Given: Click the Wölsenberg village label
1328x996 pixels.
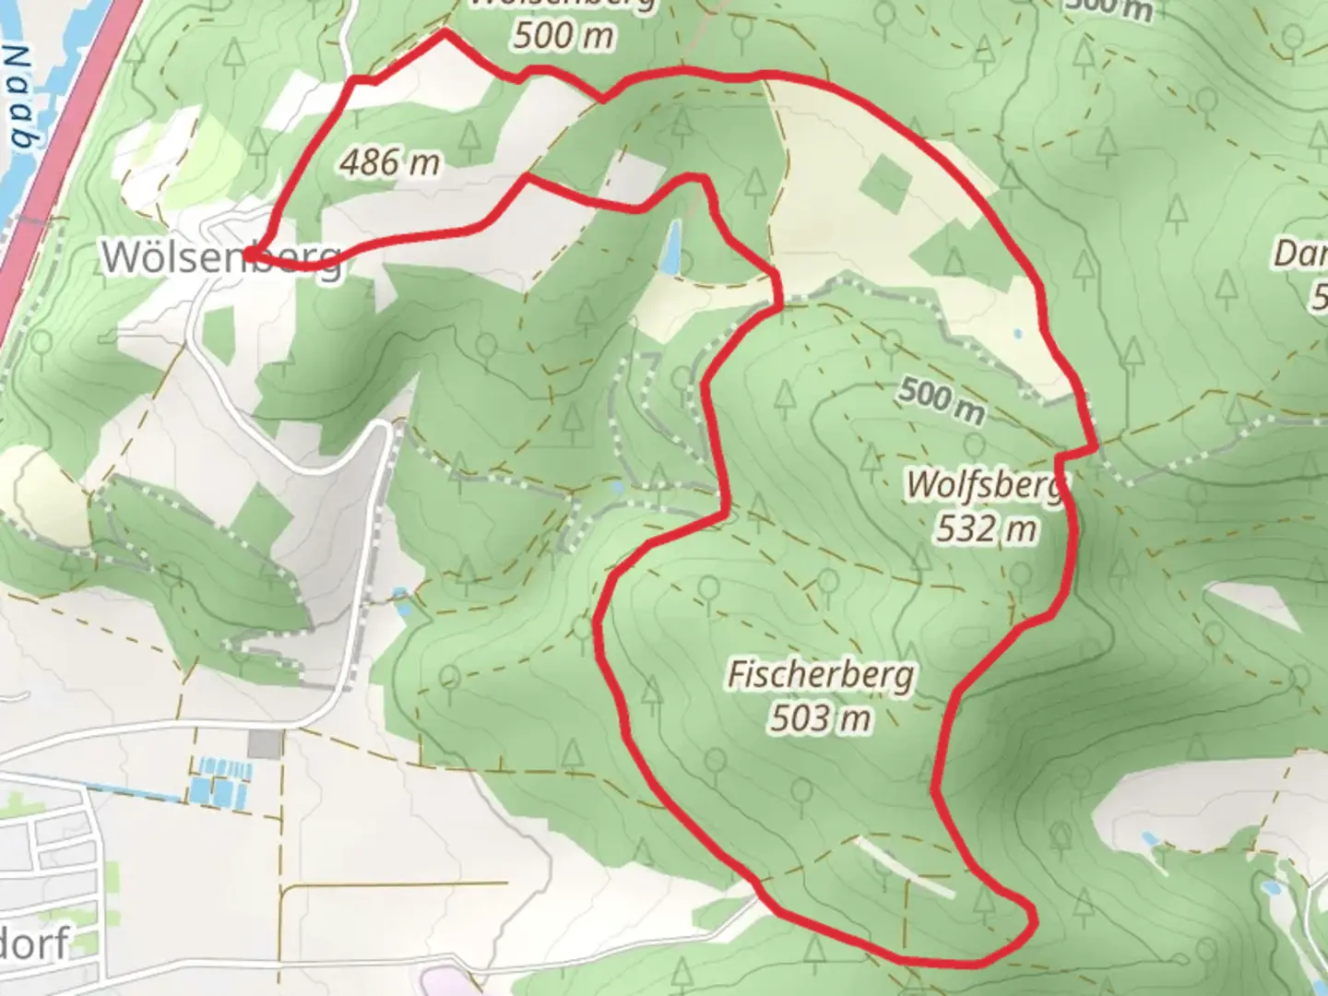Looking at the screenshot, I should (221, 257).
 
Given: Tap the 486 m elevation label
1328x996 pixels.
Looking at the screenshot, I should (389, 163).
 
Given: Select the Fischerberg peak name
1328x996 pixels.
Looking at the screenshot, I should (820, 674).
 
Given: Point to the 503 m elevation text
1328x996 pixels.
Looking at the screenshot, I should (820, 717).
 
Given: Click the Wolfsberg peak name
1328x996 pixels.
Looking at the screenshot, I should (985, 485).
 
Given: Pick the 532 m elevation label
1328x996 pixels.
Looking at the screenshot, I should (986, 529).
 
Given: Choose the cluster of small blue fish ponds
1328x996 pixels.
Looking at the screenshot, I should (219, 780).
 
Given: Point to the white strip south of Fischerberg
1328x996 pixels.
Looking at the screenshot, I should (905, 867).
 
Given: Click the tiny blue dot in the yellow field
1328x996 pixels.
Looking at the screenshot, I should (1017, 334).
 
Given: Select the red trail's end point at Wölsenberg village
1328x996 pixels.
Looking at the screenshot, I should (251, 246).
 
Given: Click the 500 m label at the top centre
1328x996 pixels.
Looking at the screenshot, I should (563, 35).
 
